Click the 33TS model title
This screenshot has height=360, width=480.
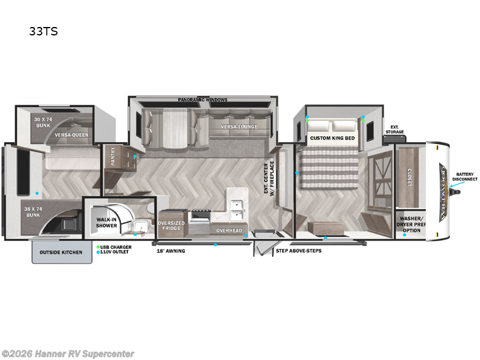[x=43, y=32]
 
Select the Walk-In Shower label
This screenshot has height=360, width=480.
[x=106, y=223]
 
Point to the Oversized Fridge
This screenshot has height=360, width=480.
[x=172, y=226]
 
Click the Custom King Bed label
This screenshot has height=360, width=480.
[x=332, y=139]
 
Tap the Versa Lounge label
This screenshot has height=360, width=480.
[x=239, y=127]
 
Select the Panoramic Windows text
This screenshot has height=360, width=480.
[x=203, y=100]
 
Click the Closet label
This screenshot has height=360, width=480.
[x=410, y=177]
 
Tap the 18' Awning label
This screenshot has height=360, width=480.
[x=172, y=251]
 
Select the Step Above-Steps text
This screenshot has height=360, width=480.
[x=298, y=250]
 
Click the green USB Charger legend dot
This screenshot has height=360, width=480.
[x=98, y=247]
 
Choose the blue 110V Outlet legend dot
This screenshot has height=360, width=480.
[x=98, y=253]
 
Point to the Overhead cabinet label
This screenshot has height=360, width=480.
[x=229, y=230]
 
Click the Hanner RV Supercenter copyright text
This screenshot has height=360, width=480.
[x=68, y=354]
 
